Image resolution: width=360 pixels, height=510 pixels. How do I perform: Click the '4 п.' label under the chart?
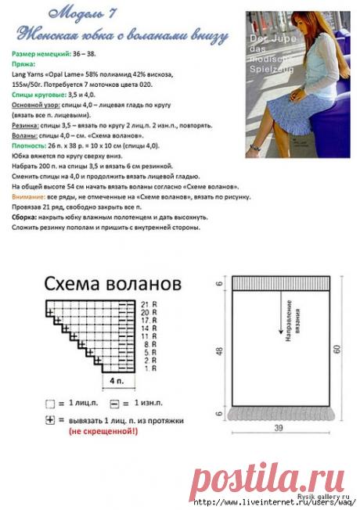pyautogui.click(x=117, y=380)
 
